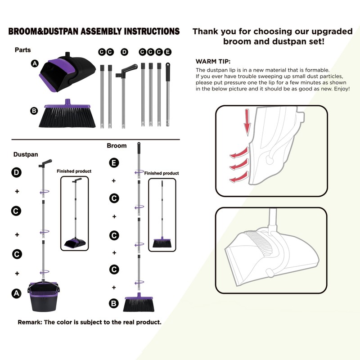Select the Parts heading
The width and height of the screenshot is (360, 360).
[x=22, y=50]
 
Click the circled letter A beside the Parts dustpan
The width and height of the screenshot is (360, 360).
[x=34, y=64]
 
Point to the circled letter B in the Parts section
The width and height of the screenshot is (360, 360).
[x=34, y=111]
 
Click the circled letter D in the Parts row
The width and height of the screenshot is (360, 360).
[x=125, y=52]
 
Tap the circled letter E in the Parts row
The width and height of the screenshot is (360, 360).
[x=167, y=52]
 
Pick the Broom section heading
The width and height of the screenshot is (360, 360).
[x=117, y=146]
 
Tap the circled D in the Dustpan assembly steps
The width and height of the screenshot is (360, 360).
[x=17, y=172]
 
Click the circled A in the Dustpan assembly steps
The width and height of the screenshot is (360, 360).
[x=17, y=293]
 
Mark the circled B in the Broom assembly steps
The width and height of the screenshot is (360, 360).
[x=114, y=304]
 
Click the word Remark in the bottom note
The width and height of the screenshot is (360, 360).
[x=30, y=323]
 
